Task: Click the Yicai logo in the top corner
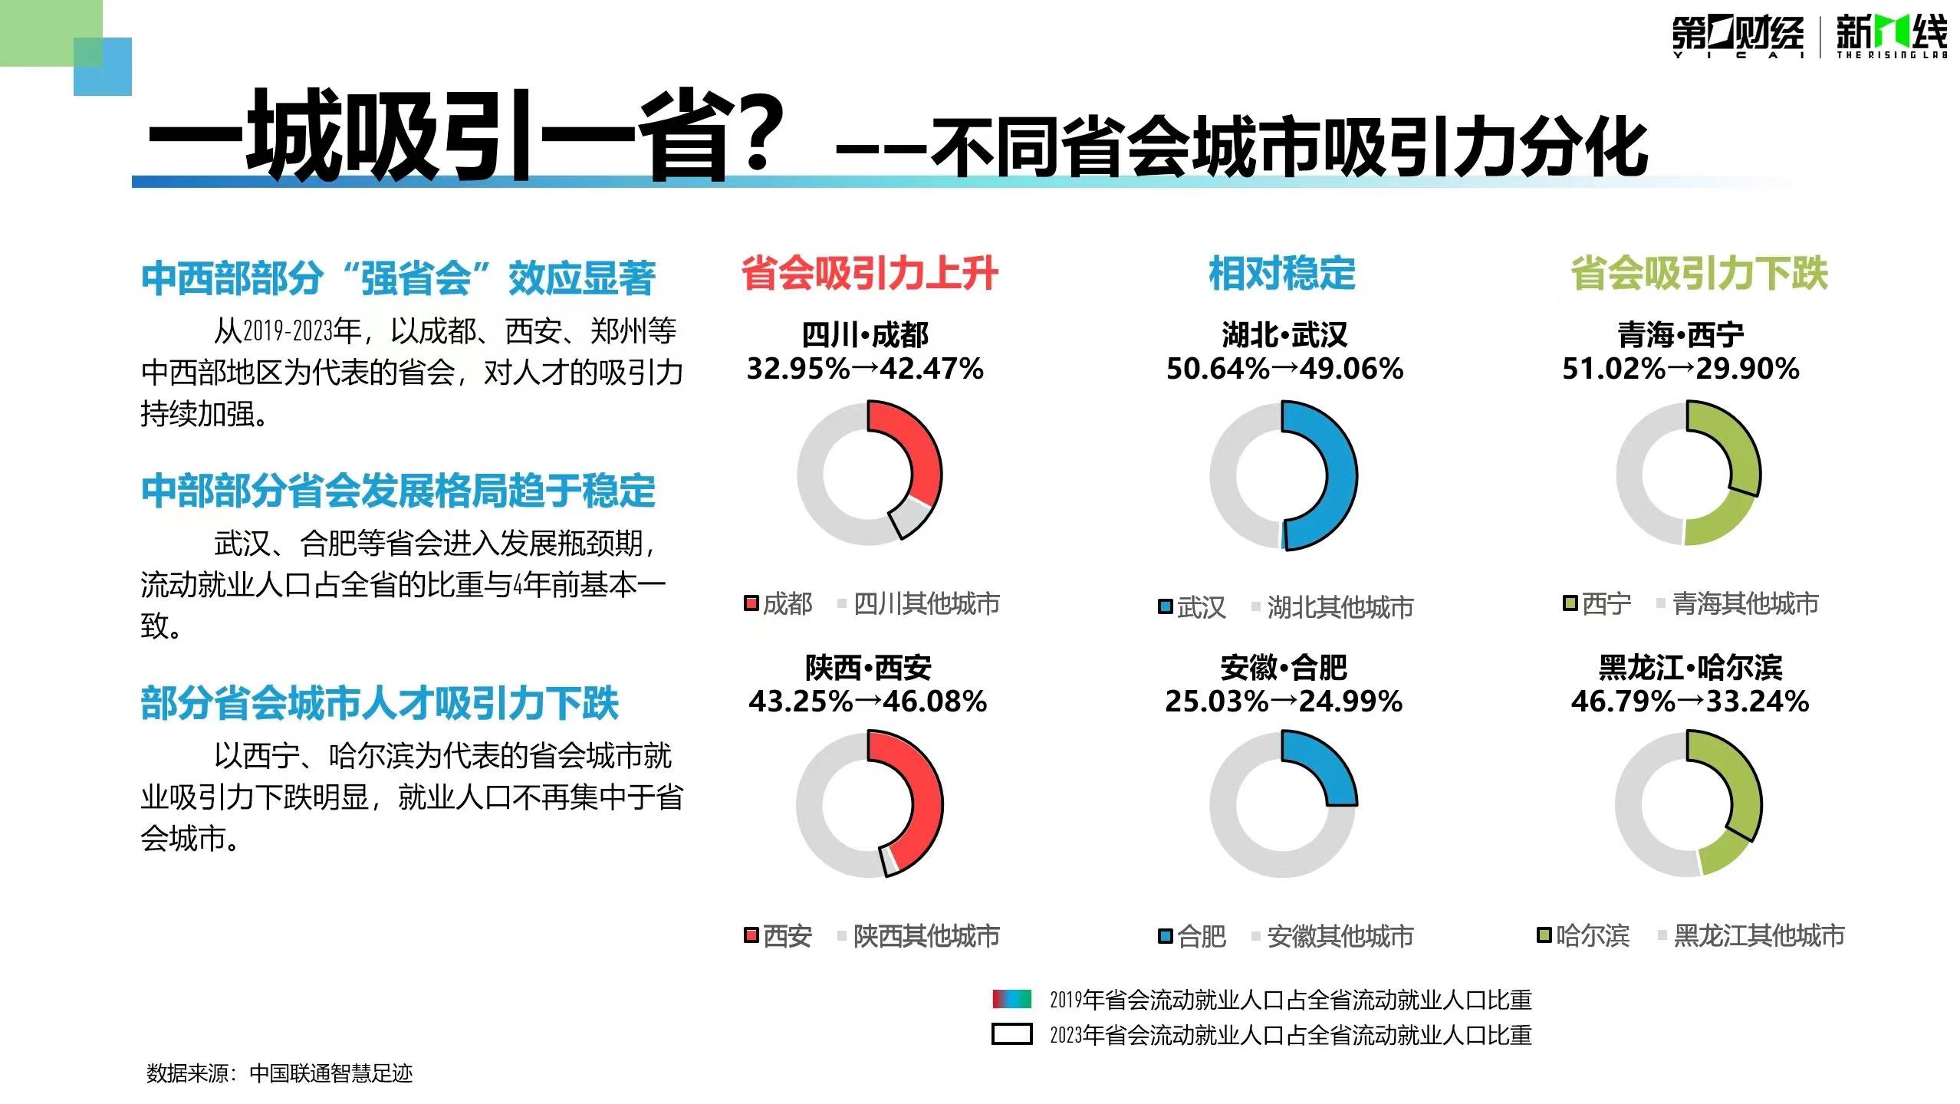pyautogui.click(x=1738, y=37)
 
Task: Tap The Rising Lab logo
pyautogui.click(x=1891, y=37)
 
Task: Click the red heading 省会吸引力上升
pyautogui.click(x=870, y=274)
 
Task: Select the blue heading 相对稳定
pyautogui.click(x=1282, y=274)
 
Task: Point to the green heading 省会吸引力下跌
pyautogui.click(x=1699, y=274)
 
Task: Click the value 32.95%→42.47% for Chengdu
pyautogui.click(x=865, y=369)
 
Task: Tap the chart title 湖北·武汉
pyautogui.click(x=1284, y=335)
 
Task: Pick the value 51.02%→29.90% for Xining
pyautogui.click(x=1681, y=369)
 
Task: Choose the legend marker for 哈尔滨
pyautogui.click(x=1544, y=935)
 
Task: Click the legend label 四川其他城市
pyautogui.click(x=926, y=604)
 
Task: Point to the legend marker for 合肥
pyautogui.click(x=1166, y=936)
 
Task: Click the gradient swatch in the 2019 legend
pyautogui.click(x=1011, y=998)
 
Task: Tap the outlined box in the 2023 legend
pyautogui.click(x=1011, y=1034)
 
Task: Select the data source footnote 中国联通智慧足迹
pyautogui.click(x=331, y=1073)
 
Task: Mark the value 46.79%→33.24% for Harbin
pyautogui.click(x=1690, y=701)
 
